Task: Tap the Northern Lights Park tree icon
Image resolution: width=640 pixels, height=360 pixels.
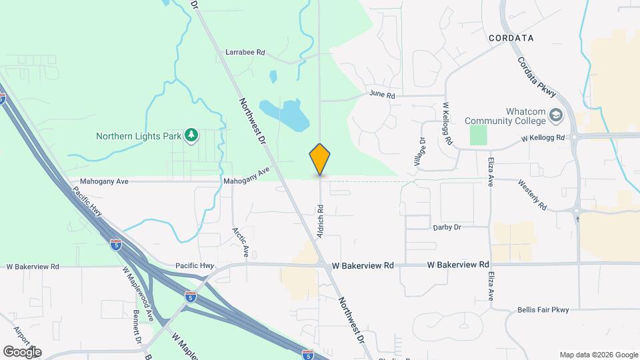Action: [x=192, y=136]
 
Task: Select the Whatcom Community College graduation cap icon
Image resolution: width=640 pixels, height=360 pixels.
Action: [x=555, y=117]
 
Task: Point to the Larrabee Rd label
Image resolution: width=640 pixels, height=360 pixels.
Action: [x=245, y=52]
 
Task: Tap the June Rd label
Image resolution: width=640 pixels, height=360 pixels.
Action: [x=382, y=95]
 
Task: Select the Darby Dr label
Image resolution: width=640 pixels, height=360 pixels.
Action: [x=447, y=227]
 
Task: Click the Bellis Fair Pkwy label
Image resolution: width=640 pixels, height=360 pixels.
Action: [x=544, y=310]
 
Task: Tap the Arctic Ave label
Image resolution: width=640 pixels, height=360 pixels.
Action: [x=240, y=243]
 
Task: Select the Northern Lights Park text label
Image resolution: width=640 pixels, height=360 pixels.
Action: [x=139, y=136]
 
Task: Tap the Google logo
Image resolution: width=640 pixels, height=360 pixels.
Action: [x=22, y=352]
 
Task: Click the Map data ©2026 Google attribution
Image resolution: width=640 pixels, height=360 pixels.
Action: [x=599, y=355]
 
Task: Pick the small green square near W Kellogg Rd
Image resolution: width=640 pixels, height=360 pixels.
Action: [x=478, y=135]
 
